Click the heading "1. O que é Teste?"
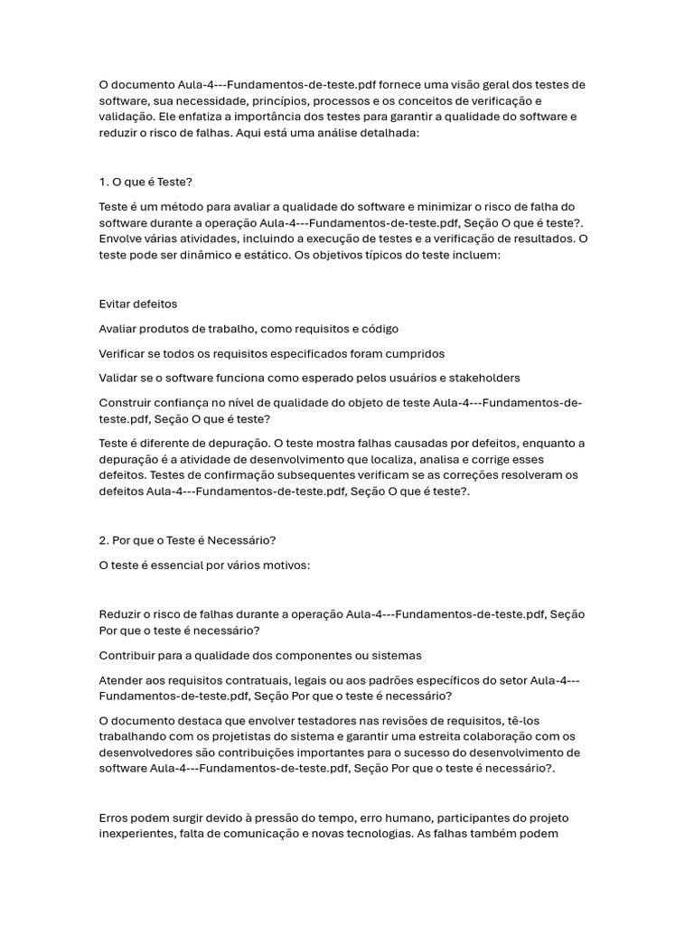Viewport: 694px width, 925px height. [x=145, y=182]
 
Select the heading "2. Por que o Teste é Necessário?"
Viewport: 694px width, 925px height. [x=187, y=540]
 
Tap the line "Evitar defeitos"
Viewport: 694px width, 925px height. [x=137, y=304]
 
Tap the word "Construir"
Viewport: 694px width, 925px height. [x=127, y=402]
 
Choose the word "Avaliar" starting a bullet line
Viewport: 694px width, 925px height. [x=119, y=329]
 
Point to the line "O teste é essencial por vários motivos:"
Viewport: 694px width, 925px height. [x=204, y=565]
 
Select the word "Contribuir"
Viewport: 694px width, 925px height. [x=128, y=655]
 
